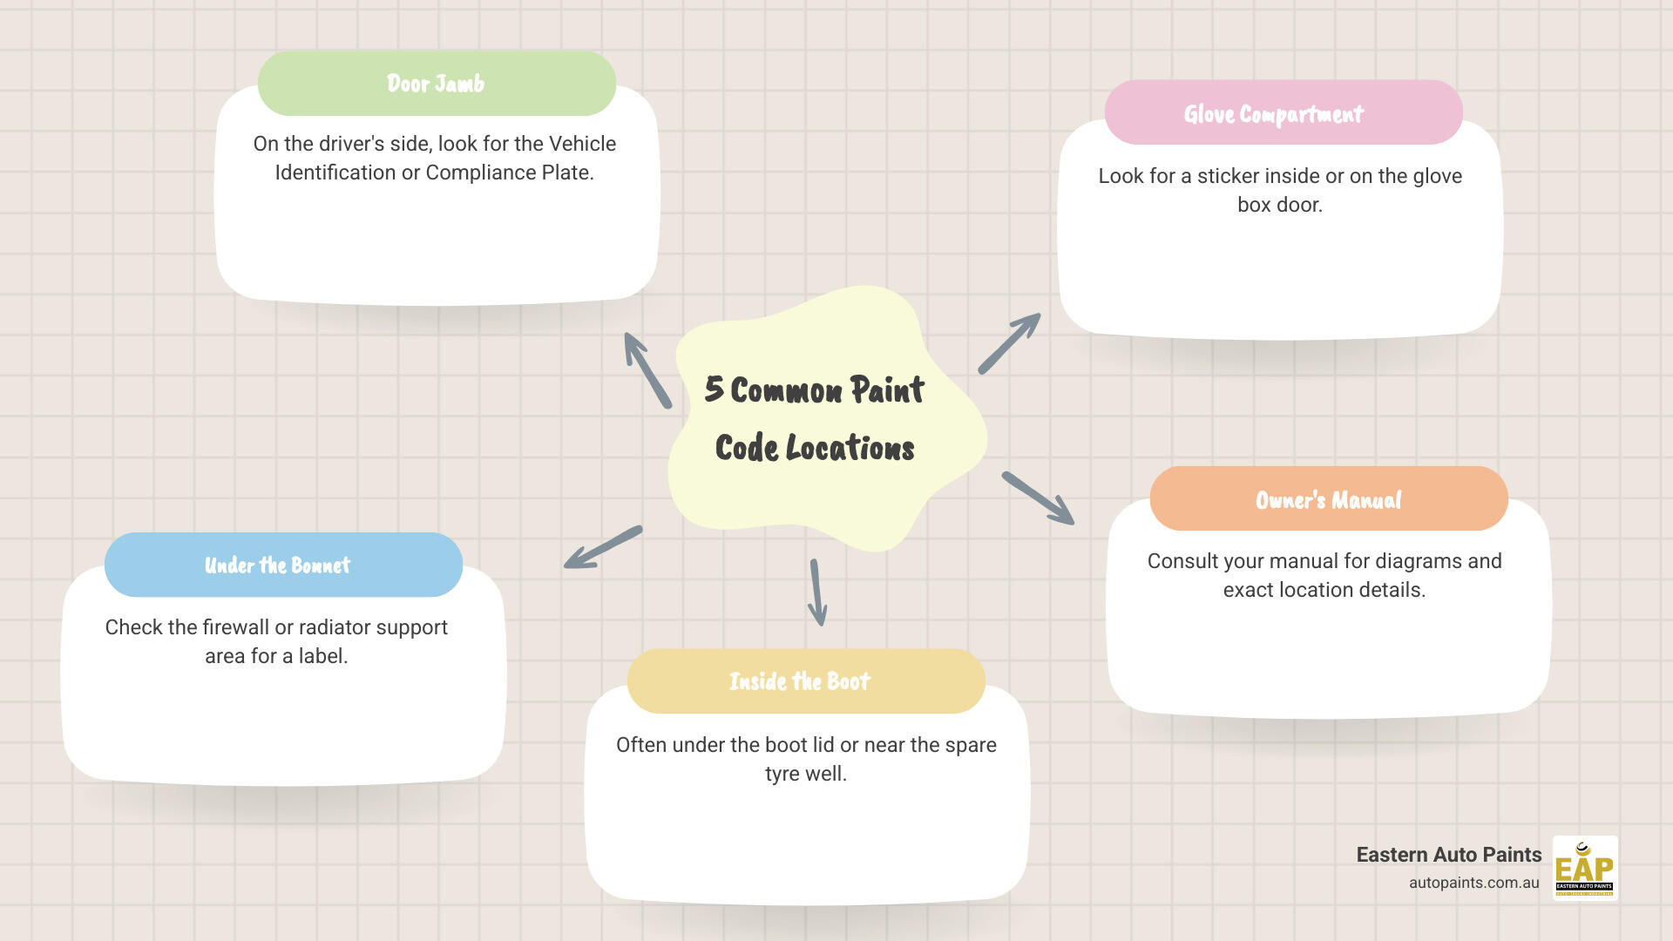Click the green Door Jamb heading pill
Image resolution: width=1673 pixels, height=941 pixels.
tap(437, 84)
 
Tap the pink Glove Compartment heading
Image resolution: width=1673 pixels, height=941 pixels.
tap(1283, 113)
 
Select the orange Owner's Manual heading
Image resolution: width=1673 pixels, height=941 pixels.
tap(1328, 499)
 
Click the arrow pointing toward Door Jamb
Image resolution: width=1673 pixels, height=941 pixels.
tap(647, 369)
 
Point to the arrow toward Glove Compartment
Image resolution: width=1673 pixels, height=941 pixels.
tap(1010, 342)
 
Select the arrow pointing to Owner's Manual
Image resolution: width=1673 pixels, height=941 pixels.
tap(1038, 498)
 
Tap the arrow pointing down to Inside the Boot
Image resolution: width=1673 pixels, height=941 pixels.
tap(816, 593)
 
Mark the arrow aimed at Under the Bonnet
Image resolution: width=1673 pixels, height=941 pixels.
tap(602, 548)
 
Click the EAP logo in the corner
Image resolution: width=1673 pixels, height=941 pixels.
tap(1584, 868)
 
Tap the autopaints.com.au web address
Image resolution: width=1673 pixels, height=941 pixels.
tap(1473, 883)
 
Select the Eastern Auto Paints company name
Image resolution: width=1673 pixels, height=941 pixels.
tap(1448, 855)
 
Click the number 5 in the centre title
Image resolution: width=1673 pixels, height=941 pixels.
tap(715, 389)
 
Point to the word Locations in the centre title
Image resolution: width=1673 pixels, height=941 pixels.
tap(850, 448)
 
